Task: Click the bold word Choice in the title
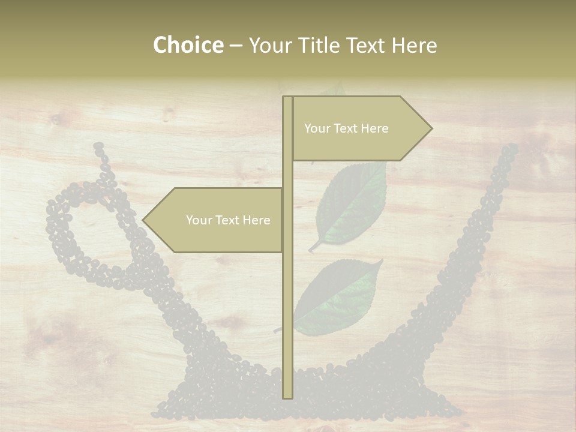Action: point(188,45)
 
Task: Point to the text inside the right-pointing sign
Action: point(346,128)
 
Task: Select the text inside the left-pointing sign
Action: point(228,220)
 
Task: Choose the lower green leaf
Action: point(339,294)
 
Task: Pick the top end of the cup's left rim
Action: point(98,146)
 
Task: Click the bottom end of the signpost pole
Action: point(287,396)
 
